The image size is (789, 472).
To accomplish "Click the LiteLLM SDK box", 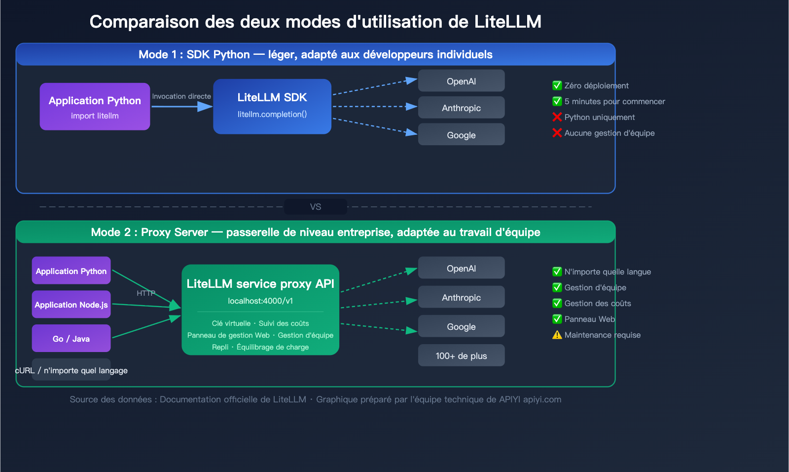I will (x=272, y=106).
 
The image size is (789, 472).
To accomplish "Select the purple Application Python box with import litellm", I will (x=95, y=107).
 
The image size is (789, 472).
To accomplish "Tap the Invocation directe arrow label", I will (x=181, y=96).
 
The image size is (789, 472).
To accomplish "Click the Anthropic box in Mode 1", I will (x=461, y=108).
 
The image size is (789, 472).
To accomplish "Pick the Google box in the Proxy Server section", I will (x=461, y=326).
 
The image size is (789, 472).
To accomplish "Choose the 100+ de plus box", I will (x=461, y=355).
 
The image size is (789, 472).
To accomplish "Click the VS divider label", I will (x=316, y=207).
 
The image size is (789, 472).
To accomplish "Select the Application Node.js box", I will (x=71, y=305).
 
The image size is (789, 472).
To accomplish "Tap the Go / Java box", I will (x=71, y=339).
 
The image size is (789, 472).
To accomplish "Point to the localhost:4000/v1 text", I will (x=260, y=301).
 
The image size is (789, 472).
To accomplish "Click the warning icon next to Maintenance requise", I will (x=557, y=335).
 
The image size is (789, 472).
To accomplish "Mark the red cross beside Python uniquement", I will (x=557, y=117).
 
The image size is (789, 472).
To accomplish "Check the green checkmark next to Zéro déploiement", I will (x=557, y=85).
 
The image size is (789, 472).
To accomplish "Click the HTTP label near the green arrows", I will (x=146, y=293).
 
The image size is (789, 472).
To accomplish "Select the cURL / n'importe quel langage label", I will (x=72, y=370).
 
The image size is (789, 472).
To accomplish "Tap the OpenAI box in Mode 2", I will (x=461, y=268).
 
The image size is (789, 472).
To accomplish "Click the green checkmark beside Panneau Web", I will (x=557, y=319).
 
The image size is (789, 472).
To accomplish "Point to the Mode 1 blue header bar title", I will (x=316, y=54).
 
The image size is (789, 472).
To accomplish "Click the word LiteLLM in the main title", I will (x=507, y=22).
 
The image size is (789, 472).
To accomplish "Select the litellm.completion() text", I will (x=272, y=114).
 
